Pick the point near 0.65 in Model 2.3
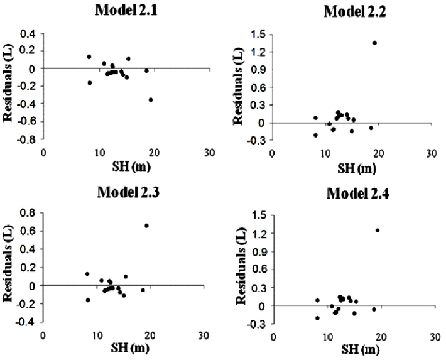pyautogui.click(x=146, y=226)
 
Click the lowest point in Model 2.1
pyautogui.click(x=151, y=99)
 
